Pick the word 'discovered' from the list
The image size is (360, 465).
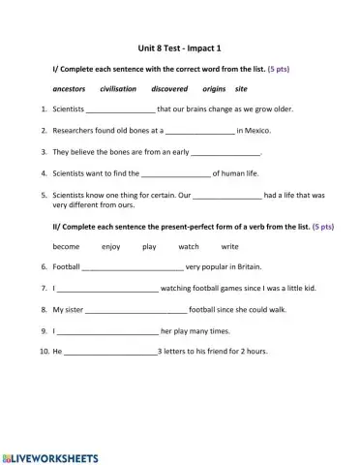click(169, 88)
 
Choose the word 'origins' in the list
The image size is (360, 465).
click(214, 88)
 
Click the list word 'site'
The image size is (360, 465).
click(241, 88)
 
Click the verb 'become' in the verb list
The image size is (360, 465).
click(66, 246)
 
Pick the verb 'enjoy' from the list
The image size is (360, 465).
click(111, 246)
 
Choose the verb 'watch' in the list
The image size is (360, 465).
click(189, 246)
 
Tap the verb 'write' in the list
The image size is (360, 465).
click(229, 246)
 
